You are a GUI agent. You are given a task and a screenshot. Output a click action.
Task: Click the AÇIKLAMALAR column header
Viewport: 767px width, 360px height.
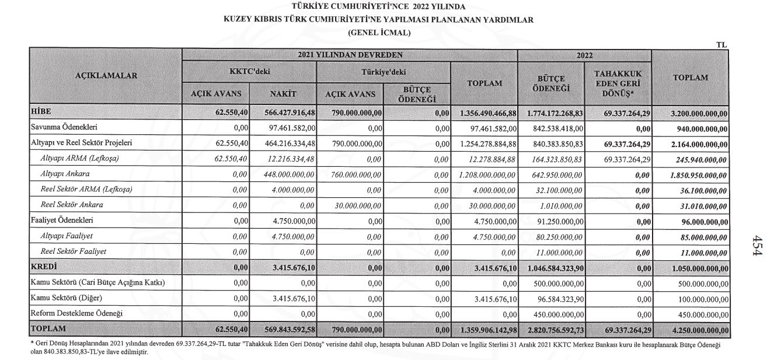(x=106, y=76)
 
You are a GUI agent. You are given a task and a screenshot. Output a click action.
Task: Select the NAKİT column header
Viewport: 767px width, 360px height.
(x=284, y=94)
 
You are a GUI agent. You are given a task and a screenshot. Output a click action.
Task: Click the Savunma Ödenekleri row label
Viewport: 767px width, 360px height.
(x=64, y=128)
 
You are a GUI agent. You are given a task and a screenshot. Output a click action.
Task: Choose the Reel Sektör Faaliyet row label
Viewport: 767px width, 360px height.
(x=74, y=251)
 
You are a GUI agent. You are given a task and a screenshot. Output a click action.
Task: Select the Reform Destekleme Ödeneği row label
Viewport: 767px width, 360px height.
(x=76, y=314)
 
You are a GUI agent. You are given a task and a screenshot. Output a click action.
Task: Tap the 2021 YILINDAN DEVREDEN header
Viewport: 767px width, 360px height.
(x=349, y=55)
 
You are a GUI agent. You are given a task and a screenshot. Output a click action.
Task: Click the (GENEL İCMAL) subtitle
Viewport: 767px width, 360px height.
(x=379, y=33)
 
